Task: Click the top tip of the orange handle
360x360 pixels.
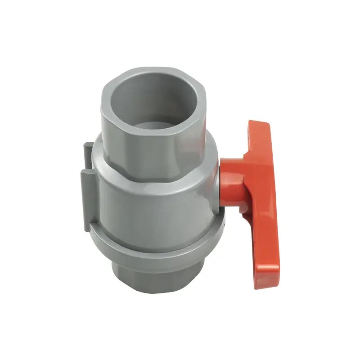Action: pos(259,125)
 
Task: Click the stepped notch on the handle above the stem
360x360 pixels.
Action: pos(247,155)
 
